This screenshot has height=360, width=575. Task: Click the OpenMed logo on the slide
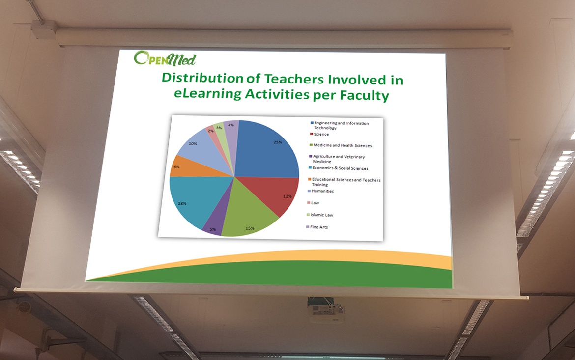pyautogui.click(x=165, y=58)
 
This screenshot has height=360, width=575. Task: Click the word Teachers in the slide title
pyautogui.click(x=294, y=79)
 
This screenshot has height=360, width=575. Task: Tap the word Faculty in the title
pyautogui.click(x=364, y=96)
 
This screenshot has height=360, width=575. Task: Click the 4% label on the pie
pyautogui.click(x=230, y=125)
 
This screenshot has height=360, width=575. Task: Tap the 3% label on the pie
pyautogui.click(x=219, y=128)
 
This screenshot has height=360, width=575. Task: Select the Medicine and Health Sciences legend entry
pyautogui.click(x=341, y=145)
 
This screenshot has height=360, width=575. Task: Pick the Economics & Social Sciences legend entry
pyautogui.click(x=339, y=168)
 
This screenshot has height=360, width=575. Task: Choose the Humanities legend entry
pyautogui.click(x=321, y=191)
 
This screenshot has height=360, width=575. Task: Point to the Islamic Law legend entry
pyautogui.click(x=320, y=215)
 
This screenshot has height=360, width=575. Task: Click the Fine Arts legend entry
pyautogui.click(x=317, y=227)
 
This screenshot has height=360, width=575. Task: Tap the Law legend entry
pyautogui.click(x=313, y=203)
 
